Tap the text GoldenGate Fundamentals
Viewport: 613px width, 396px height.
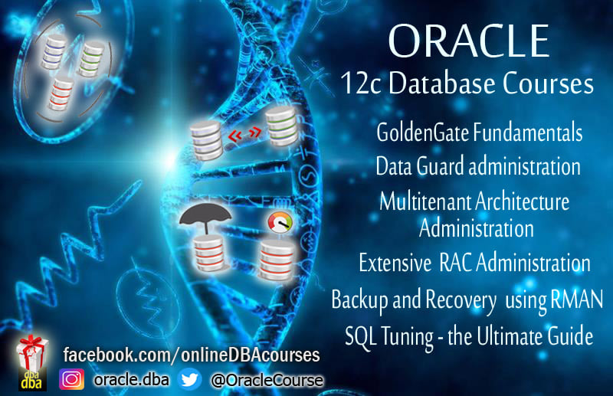pyautogui.click(x=480, y=133)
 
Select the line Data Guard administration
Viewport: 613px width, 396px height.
pyautogui.click(x=478, y=165)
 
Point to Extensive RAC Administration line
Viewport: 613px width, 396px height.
pyautogui.click(x=474, y=263)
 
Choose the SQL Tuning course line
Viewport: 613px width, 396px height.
pyautogui.click(x=469, y=335)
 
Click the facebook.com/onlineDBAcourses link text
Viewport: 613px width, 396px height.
pyautogui.click(x=191, y=355)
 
